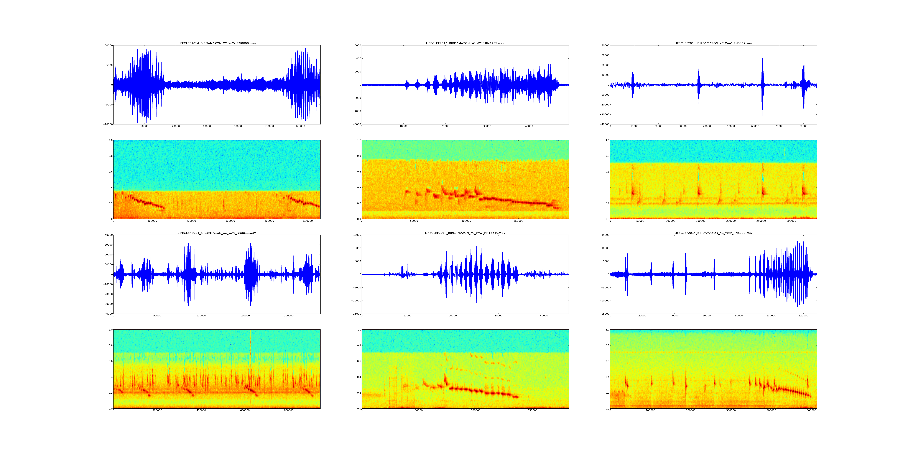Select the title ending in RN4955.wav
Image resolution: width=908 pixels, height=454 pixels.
[x=465, y=43]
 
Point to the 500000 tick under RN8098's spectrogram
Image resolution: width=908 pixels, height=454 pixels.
[x=308, y=221]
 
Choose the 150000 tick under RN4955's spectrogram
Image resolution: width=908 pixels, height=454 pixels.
[x=518, y=221]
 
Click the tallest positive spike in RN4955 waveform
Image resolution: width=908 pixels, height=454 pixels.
[x=477, y=52]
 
